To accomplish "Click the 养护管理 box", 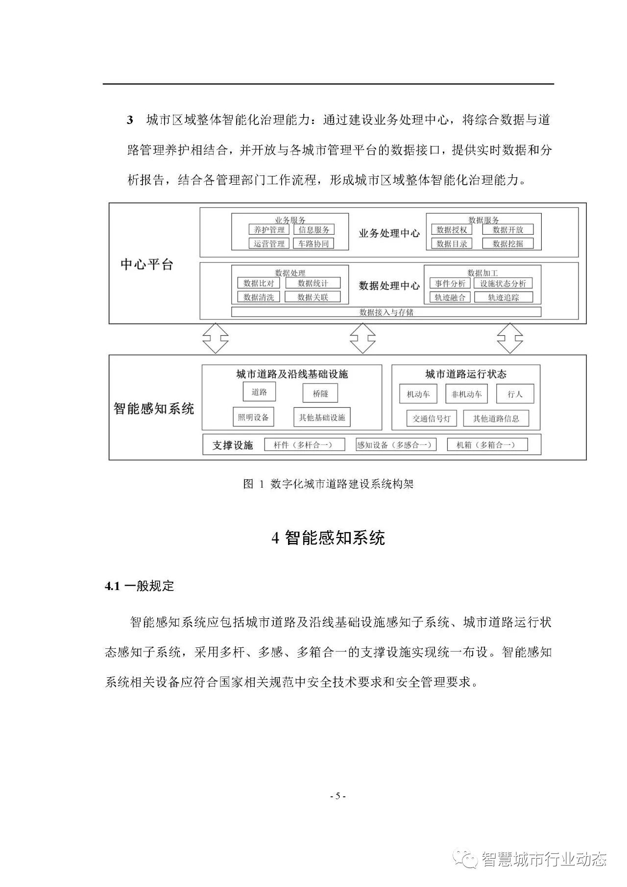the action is click(269, 229).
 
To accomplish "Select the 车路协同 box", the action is click(313, 243).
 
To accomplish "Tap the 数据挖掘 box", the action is click(507, 243).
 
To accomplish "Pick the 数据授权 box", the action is click(451, 229).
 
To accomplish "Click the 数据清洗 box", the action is click(258, 296).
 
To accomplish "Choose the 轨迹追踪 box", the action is click(503, 296).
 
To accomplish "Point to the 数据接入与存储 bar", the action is click(386, 312).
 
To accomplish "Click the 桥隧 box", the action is click(320, 393).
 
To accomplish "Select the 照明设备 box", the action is click(253, 417).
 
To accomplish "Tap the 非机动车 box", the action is click(466, 394).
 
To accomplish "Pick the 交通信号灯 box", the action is click(432, 419).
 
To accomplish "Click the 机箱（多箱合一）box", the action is click(487, 444).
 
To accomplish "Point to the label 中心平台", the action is click(147, 265).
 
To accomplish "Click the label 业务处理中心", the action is click(389, 233).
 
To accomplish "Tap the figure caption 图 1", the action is click(328, 484).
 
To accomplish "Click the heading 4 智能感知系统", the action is click(328, 538).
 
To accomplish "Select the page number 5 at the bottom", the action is click(338, 796).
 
